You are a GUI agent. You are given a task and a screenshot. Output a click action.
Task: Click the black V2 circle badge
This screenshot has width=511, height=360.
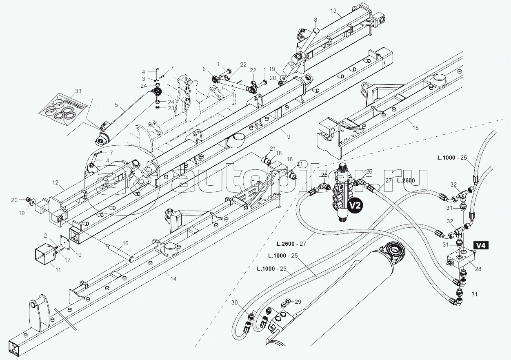pyautogui.click(x=355, y=206)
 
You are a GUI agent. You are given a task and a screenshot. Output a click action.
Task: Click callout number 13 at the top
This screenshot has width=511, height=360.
pyautogui.click(x=333, y=11)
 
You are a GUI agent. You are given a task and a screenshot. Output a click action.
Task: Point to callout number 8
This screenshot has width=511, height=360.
pyautogui.click(x=315, y=20)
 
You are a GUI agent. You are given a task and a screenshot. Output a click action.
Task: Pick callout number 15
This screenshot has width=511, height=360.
pyautogui.click(x=415, y=128)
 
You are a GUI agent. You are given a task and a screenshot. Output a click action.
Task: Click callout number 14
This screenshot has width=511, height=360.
pyautogui.click(x=173, y=279)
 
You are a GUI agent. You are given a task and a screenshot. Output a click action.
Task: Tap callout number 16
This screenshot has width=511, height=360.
pyautogui.click(x=125, y=243)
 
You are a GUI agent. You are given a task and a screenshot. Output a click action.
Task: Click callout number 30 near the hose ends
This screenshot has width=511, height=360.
pyautogui.click(x=234, y=302)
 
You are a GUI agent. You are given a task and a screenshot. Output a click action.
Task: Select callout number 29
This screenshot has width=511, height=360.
pyautogui.click(x=298, y=302)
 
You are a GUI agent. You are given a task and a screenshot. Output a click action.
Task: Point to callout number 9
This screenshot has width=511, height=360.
pyautogui.click(x=289, y=137)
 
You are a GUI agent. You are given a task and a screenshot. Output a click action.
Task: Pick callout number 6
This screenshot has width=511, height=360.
pyautogui.click(x=204, y=69)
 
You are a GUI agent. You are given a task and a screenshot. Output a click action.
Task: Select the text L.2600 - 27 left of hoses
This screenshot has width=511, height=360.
pyautogui.click(x=291, y=244)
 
